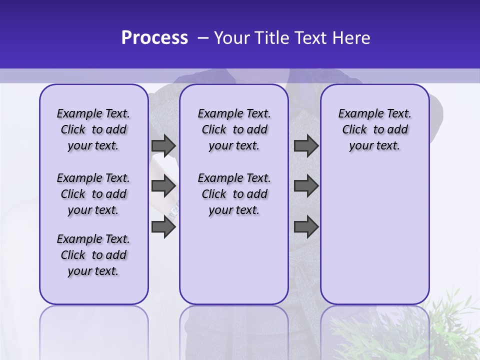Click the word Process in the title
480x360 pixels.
pyautogui.click(x=154, y=38)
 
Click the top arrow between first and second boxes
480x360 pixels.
pyautogui.click(x=163, y=146)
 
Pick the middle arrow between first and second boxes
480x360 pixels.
pyautogui.click(x=163, y=186)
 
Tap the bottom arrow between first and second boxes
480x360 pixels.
pyautogui.click(x=163, y=227)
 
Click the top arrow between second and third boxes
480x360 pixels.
pyautogui.click(x=306, y=146)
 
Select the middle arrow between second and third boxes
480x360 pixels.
pyautogui.click(x=306, y=186)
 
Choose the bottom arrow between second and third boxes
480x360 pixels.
pyautogui.click(x=306, y=227)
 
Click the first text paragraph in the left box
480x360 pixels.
pyautogui.click(x=93, y=129)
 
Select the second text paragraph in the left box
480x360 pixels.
pyautogui.click(x=93, y=194)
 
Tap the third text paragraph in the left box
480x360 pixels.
pyautogui.click(x=93, y=255)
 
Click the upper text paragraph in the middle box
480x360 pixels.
pyautogui.click(x=234, y=129)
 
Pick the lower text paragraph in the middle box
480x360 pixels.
pyautogui.click(x=234, y=194)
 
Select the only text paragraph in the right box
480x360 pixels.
pyautogui.click(x=374, y=129)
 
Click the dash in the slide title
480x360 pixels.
pyautogui.click(x=203, y=38)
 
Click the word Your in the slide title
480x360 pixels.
pyautogui.click(x=232, y=38)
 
